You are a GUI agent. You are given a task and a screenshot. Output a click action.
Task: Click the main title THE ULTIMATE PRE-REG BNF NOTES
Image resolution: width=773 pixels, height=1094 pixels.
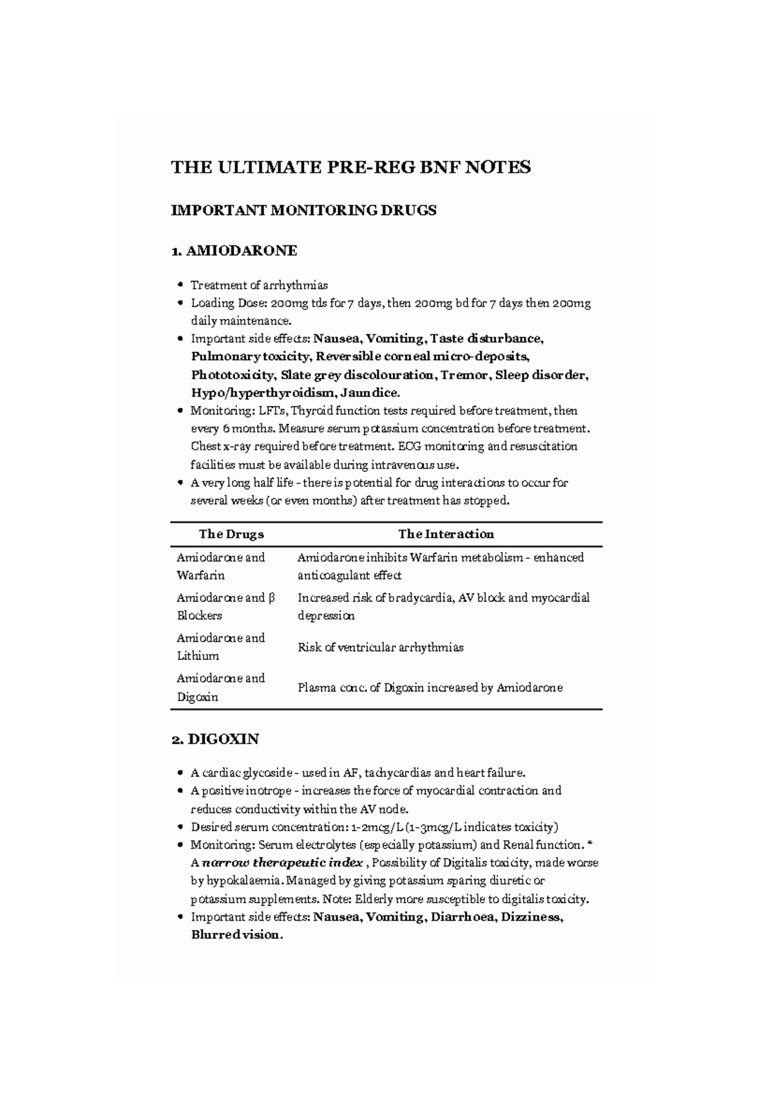pos(350,168)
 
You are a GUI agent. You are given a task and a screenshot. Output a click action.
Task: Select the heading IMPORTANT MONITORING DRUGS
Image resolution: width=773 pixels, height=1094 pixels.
pos(303,210)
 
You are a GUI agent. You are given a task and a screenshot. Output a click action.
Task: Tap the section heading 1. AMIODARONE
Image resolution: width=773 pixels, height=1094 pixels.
pos(234,251)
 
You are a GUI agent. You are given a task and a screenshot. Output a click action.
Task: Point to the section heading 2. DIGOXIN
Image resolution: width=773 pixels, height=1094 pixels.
pos(215,739)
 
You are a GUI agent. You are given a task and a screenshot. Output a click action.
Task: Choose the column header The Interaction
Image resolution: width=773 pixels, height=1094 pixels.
pos(446,534)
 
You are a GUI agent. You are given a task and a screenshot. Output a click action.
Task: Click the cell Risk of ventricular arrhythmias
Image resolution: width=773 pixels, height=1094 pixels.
pos(380,648)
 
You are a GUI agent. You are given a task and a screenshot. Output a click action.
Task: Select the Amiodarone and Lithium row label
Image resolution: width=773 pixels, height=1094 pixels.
pos(220,647)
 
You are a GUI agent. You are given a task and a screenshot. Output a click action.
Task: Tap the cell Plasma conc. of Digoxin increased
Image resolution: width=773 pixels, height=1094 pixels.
pos(430,688)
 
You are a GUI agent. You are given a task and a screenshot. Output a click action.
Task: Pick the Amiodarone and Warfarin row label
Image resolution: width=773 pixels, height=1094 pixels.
pos(220,566)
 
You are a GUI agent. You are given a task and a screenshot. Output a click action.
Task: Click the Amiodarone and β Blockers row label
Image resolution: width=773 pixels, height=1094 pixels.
pos(225,606)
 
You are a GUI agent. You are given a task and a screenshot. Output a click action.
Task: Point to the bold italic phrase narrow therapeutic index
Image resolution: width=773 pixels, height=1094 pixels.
pos(282,863)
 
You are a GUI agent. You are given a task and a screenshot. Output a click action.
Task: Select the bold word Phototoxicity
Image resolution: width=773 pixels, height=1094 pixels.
pos(231,375)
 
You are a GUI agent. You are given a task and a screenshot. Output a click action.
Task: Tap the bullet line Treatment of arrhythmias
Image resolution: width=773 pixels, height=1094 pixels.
pos(259,285)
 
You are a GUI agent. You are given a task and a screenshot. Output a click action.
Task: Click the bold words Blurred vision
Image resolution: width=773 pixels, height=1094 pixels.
pos(236,935)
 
